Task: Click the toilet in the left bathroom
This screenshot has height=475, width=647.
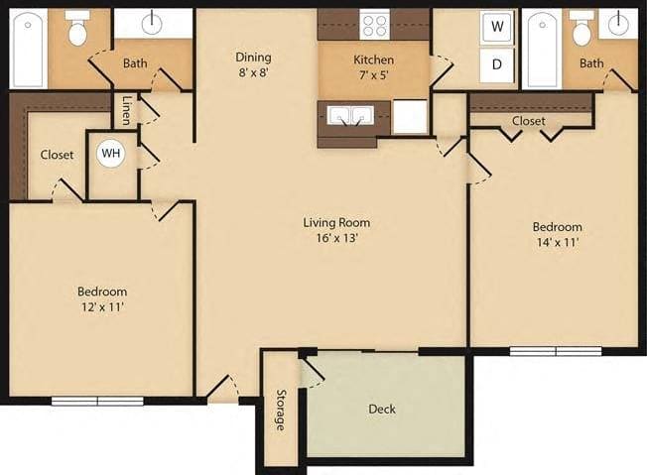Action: click(x=76, y=30)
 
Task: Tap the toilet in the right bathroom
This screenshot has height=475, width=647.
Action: click(x=582, y=30)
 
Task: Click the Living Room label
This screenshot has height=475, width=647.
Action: click(x=336, y=222)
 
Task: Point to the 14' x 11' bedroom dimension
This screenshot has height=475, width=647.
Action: click(x=556, y=242)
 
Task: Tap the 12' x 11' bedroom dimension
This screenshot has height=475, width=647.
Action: click(x=102, y=307)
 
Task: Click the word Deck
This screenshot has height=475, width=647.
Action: click(x=382, y=409)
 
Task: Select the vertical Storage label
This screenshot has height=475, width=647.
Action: click(x=280, y=410)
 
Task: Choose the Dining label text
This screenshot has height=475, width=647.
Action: click(x=253, y=58)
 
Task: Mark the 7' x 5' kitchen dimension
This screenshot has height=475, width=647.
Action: click(x=373, y=75)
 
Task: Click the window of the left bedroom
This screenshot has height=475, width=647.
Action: click(x=98, y=401)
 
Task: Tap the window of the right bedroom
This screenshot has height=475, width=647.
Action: click(x=556, y=350)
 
